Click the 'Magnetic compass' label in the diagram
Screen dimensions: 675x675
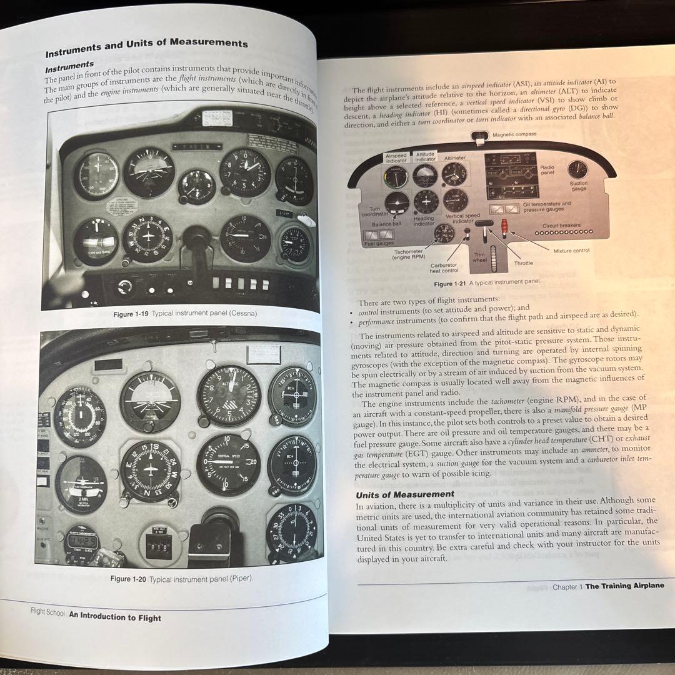(x=514, y=134)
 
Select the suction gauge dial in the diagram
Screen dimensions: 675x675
(x=577, y=169)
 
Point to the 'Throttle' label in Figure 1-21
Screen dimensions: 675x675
(x=523, y=263)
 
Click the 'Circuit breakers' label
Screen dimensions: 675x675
(x=561, y=225)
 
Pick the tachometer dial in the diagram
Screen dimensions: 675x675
(x=444, y=234)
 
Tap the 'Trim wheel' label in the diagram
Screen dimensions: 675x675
(x=479, y=258)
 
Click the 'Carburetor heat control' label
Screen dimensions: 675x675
(x=444, y=267)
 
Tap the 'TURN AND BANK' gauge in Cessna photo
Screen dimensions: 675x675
(x=96, y=241)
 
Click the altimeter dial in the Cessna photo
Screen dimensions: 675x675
(x=246, y=172)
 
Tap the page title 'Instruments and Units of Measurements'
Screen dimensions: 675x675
(x=146, y=44)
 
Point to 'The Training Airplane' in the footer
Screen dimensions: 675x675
(x=624, y=586)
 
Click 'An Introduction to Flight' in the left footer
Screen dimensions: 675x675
(x=115, y=617)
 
